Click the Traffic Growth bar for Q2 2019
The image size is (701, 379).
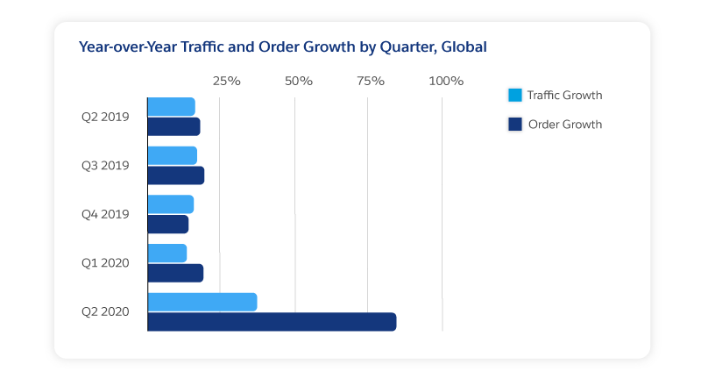pyautogui.click(x=171, y=107)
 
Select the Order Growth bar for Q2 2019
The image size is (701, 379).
pyautogui.click(x=173, y=126)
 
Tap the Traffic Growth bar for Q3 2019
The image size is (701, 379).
pyautogui.click(x=172, y=155)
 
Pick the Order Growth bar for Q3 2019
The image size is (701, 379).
pyautogui.click(x=175, y=175)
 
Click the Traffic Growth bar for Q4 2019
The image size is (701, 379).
pyautogui.click(x=170, y=204)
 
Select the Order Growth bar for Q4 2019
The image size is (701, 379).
pyautogui.click(x=167, y=225)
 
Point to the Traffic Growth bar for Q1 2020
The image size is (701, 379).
pyautogui.click(x=166, y=254)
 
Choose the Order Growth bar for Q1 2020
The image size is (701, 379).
pyautogui.click(x=175, y=273)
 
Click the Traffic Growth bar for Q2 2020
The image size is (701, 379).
pyautogui.click(x=202, y=302)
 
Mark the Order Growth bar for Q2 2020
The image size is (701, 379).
pyautogui.click(x=272, y=322)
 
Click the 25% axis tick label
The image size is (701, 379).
pyautogui.click(x=227, y=82)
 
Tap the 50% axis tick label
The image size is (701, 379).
pyautogui.click(x=299, y=82)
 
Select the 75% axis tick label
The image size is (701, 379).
pyautogui.click(x=371, y=82)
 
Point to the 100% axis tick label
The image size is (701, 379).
pyautogui.click(x=446, y=82)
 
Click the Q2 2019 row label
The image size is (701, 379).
pyautogui.click(x=105, y=117)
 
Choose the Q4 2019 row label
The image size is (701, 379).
pyautogui.click(x=105, y=214)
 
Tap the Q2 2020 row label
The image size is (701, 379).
pyautogui.click(x=105, y=311)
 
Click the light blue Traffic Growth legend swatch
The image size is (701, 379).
pyautogui.click(x=515, y=96)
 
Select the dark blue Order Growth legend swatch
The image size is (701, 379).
pyautogui.click(x=515, y=125)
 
